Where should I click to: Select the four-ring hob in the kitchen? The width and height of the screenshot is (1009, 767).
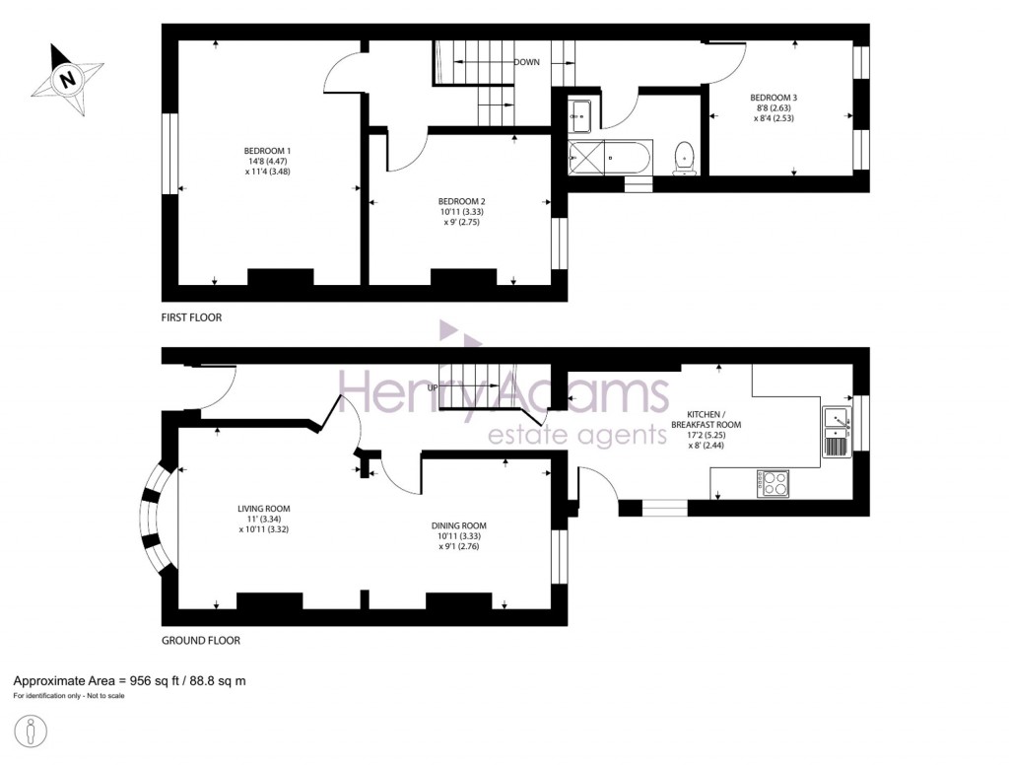(x=773, y=483)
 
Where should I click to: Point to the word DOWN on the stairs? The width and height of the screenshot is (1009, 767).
(x=526, y=62)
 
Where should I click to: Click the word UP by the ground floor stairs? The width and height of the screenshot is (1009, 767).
(x=433, y=387)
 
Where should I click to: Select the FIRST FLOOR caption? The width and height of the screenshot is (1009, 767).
(x=191, y=317)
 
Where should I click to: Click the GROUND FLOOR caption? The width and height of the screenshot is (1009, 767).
(x=200, y=640)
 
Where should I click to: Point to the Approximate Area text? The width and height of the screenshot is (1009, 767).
(x=129, y=680)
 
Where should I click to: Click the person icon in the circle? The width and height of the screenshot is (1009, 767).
(x=33, y=732)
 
